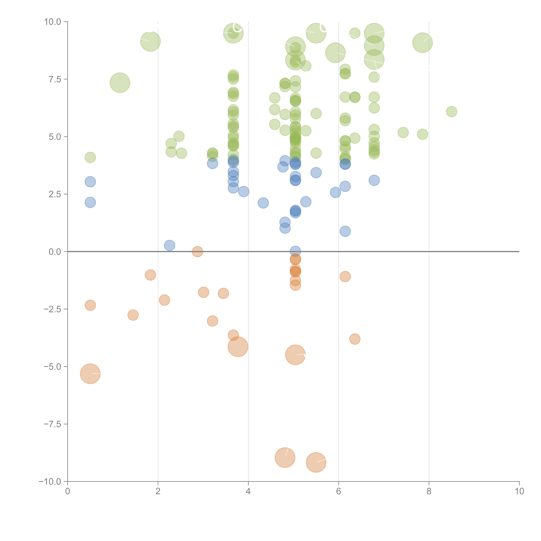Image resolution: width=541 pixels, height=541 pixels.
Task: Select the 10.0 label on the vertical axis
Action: (x=53, y=22)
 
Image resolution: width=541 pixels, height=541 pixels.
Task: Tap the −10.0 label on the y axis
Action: (x=50, y=482)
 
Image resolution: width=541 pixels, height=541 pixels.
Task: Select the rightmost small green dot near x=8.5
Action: (x=451, y=111)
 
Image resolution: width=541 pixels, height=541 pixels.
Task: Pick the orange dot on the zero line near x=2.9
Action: (x=197, y=251)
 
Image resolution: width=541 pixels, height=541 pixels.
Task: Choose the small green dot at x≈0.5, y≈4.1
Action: (x=90, y=157)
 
